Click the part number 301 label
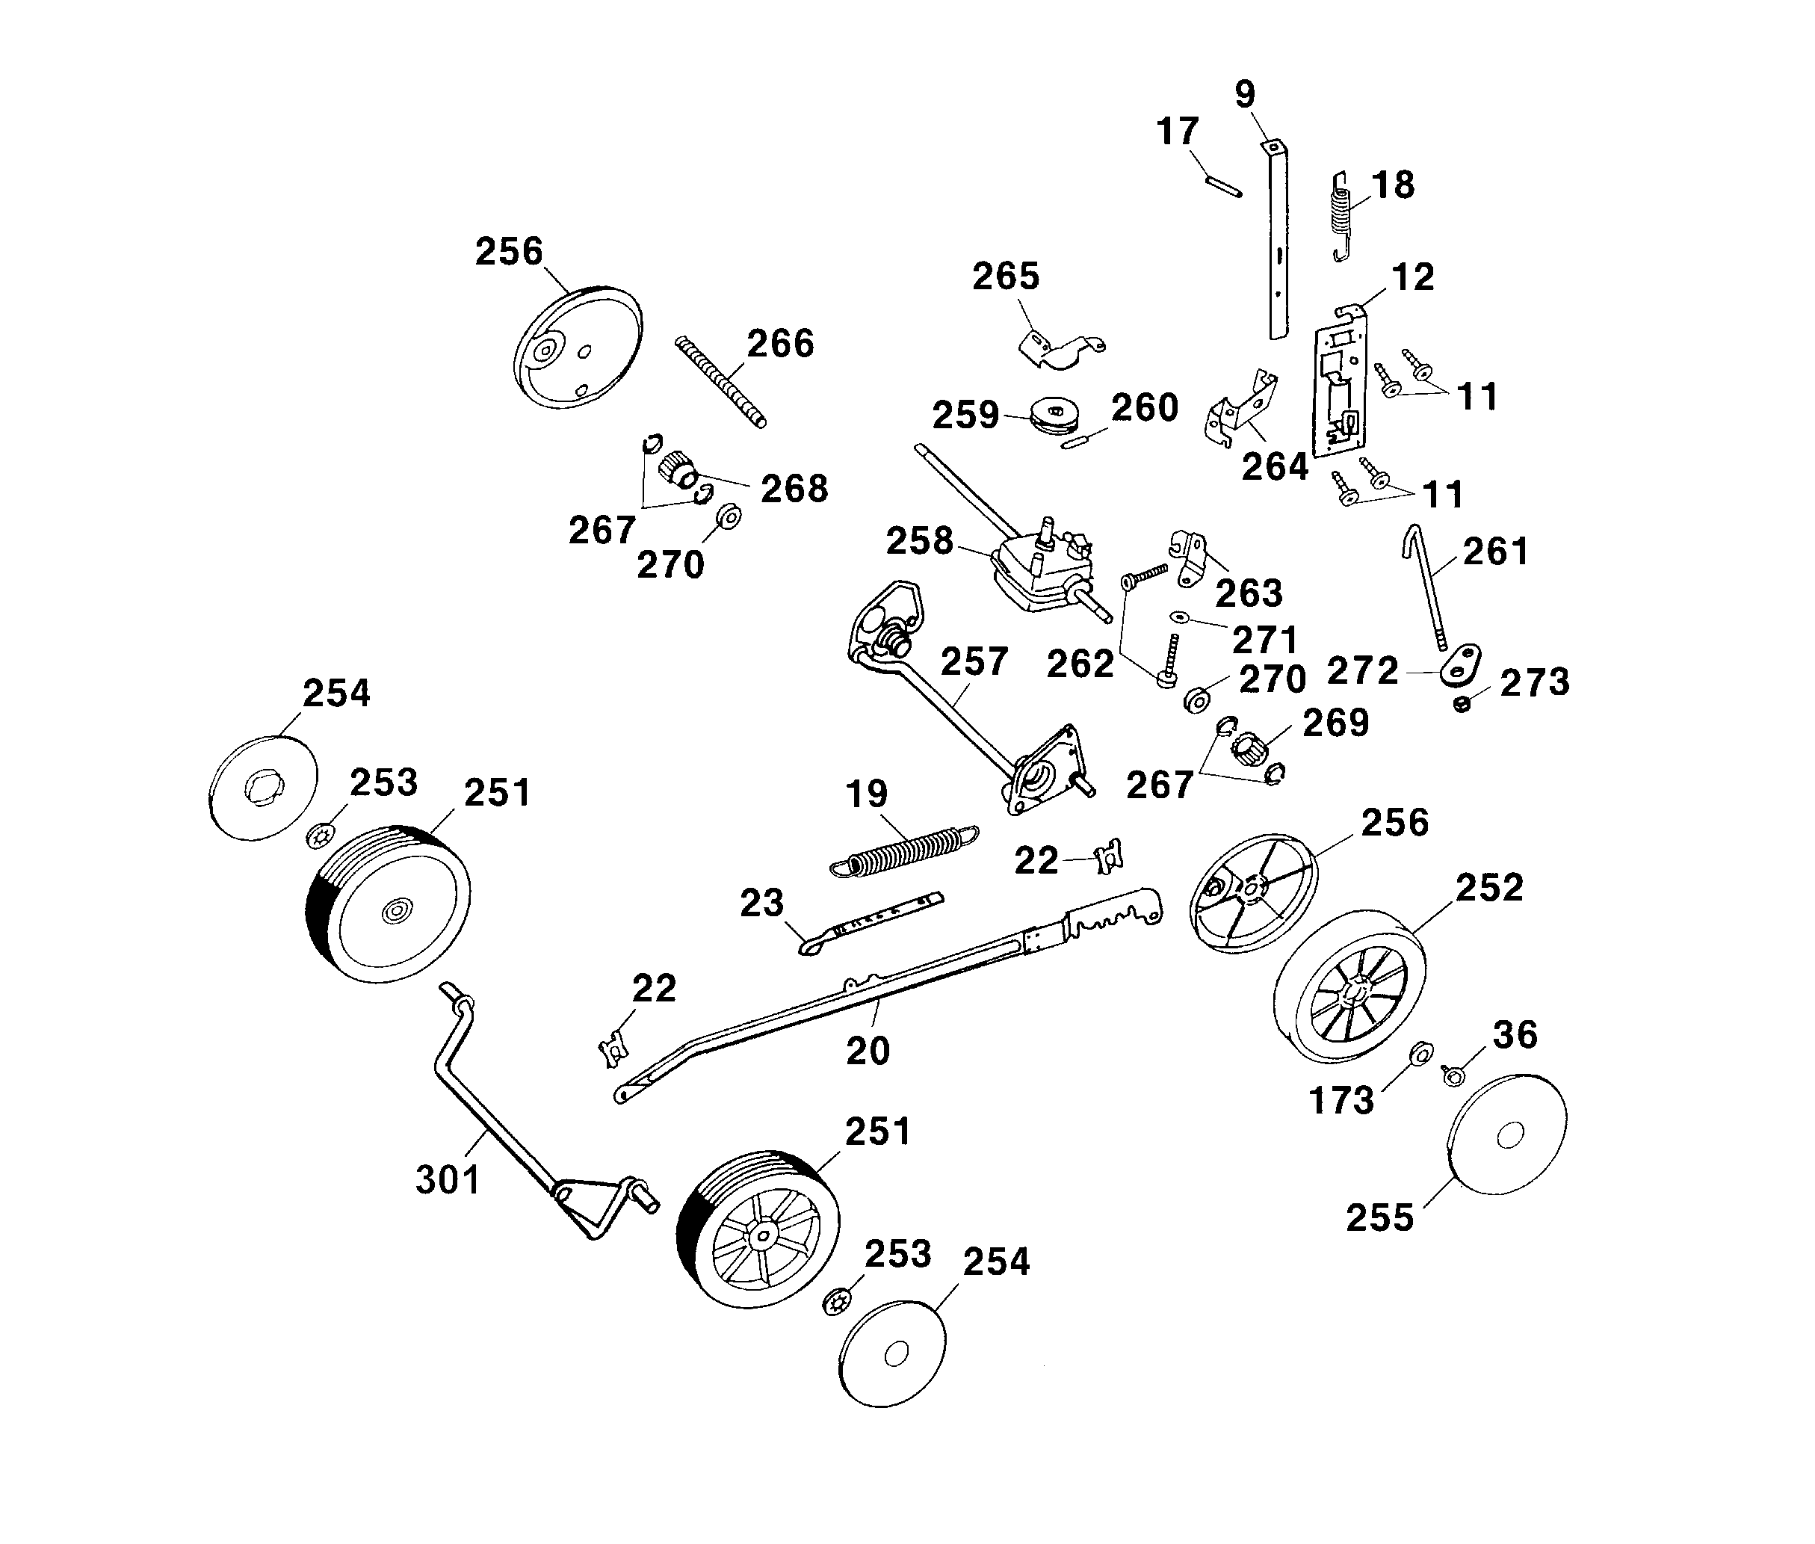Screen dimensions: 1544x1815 click(447, 1180)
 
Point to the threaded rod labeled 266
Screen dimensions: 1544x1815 click(721, 383)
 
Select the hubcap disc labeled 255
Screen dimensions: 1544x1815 click(1507, 1135)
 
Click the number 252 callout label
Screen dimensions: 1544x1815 click(1489, 888)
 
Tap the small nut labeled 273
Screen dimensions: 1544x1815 click(1461, 704)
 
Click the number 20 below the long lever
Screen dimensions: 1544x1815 click(868, 1050)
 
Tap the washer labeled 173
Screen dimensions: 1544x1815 click(1422, 1052)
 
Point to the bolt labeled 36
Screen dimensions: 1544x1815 click(1453, 1075)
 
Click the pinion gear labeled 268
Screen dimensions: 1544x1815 click(676, 467)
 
